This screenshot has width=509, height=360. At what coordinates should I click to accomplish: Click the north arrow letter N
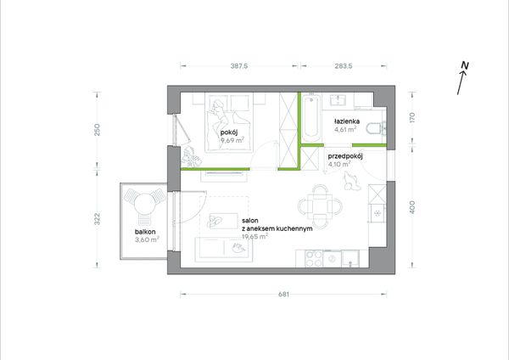pos(465,65)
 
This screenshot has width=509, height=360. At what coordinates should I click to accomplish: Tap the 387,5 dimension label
pos(239,66)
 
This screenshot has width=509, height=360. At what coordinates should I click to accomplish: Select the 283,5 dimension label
pos(344,66)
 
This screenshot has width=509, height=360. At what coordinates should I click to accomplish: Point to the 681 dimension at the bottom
pos(283,295)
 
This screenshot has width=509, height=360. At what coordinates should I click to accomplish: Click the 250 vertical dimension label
pos(97,130)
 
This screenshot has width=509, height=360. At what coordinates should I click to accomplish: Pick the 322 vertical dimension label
pos(97,219)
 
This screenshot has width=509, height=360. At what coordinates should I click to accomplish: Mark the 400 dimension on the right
pos(412,207)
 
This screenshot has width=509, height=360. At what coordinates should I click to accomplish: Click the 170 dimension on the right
pos(412,117)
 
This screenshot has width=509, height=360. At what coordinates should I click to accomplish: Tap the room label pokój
pos(229,132)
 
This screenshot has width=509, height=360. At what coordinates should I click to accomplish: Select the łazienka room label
pos(347,121)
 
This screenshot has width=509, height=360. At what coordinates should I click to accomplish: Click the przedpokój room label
pos(345,156)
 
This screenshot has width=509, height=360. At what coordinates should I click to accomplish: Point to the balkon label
pos(145,232)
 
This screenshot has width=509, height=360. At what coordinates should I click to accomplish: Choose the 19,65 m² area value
pos(255,236)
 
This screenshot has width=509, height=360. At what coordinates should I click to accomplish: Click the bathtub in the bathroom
pos(311,118)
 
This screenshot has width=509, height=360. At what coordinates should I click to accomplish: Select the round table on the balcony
pos(143,204)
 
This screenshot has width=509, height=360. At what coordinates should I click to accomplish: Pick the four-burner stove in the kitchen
pos(314,259)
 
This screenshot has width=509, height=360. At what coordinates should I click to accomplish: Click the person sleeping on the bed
pos(219,115)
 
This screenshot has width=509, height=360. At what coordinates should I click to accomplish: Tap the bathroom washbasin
pos(338,99)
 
